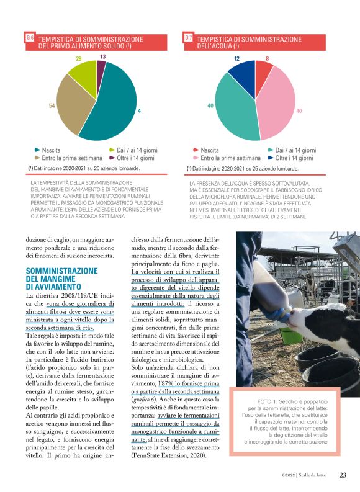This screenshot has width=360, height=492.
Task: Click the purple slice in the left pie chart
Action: (101, 70)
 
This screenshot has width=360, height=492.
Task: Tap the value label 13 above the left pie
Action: (102, 56)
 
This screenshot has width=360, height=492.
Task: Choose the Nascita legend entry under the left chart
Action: (50, 150)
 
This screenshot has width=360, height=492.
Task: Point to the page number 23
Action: (343, 476)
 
